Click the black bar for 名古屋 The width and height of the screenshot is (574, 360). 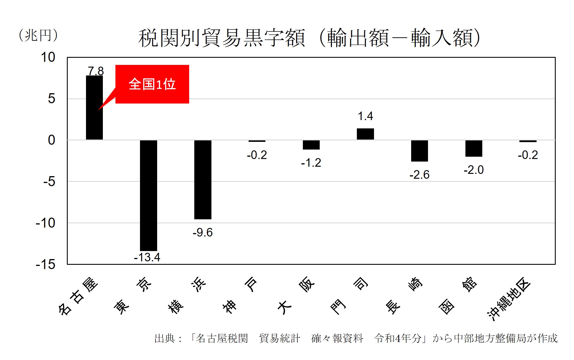(94, 120)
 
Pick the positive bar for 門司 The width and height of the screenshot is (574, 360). (365, 134)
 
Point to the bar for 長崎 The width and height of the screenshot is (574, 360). (419, 151)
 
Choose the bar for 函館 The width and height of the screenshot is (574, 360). (474, 148)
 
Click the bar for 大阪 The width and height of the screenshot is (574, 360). (311, 145)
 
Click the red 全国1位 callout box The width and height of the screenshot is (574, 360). (152, 84)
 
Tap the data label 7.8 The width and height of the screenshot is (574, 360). (96, 71)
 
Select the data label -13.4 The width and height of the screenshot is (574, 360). (147, 257)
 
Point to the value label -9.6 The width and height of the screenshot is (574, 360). (203, 232)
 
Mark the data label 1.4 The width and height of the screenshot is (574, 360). (365, 116)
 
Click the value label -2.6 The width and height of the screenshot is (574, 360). (419, 175)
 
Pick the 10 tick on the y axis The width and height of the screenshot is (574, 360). (48, 57)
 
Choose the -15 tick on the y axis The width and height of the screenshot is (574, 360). (46, 264)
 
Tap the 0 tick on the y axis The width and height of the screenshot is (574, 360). (51, 140)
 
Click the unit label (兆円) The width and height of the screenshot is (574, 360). (38, 35)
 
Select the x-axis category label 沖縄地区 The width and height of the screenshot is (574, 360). (509, 299)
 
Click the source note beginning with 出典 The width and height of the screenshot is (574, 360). (356, 339)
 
